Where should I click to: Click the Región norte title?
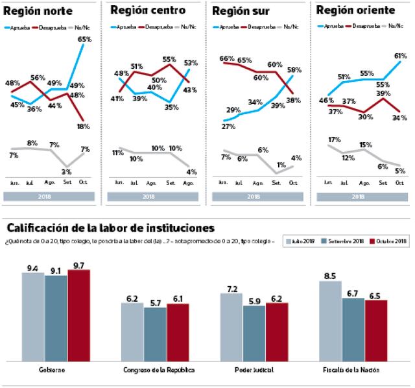click(38, 12)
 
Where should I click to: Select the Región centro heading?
click(148, 10)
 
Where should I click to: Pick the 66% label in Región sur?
click(227, 58)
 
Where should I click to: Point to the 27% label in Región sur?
click(228, 127)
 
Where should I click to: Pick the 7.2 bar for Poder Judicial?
click(231, 326)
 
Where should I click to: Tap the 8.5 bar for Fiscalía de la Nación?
click(331, 321)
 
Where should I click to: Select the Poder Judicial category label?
click(254, 369)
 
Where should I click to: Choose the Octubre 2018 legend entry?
click(388, 242)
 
